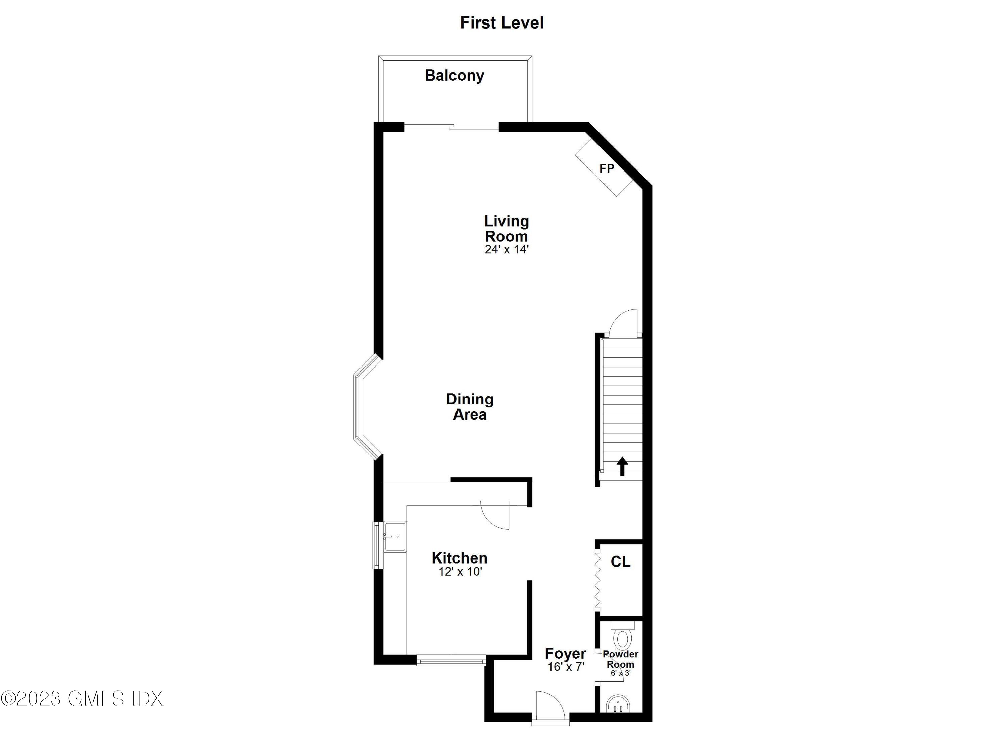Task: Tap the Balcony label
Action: click(x=454, y=76)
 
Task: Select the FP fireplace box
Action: click(x=605, y=168)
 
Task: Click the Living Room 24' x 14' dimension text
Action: click(x=506, y=249)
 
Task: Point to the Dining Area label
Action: click(x=470, y=407)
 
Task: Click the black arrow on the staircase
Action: click(x=622, y=466)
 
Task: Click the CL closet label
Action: click(x=620, y=562)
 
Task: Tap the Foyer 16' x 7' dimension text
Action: click(x=566, y=667)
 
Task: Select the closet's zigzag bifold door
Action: click(x=597, y=580)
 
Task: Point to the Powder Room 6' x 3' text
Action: click(x=620, y=673)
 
